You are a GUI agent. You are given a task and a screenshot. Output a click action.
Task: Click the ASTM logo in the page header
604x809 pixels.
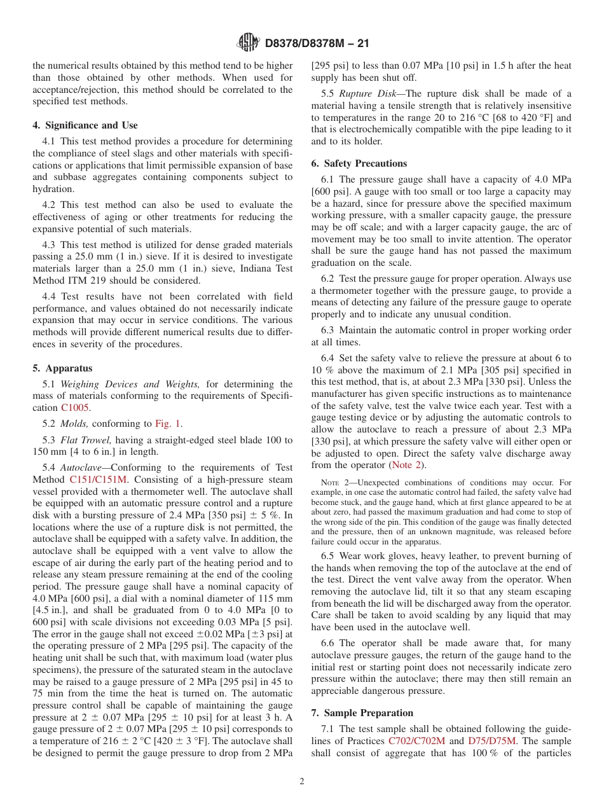coord(248,43)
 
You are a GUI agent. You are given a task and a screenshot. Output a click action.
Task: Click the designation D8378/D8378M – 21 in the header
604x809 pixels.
coord(316,43)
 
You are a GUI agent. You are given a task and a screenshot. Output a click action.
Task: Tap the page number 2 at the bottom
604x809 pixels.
coord(302,781)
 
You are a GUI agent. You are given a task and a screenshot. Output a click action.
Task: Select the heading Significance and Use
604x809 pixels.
coord(90,125)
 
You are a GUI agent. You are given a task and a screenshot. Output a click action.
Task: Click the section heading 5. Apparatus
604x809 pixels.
coord(62,368)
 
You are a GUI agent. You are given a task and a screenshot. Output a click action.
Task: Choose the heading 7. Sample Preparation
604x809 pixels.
coord(362,713)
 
